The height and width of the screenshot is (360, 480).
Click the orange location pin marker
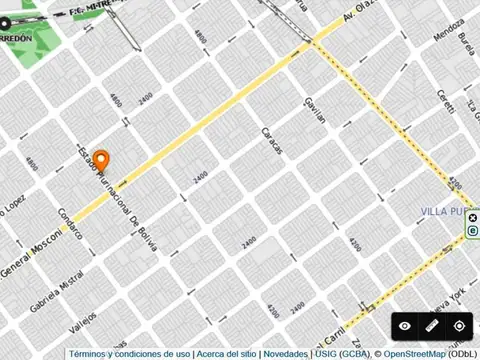pyautogui.click(x=102, y=160)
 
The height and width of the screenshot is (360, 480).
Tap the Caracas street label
pyautogui.click(x=272, y=140)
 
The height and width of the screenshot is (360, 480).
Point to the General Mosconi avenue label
pyautogui.click(x=30, y=257)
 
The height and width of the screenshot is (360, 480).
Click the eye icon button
pyautogui.click(x=405, y=326)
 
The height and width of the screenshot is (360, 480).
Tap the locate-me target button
pyautogui.click(x=459, y=326)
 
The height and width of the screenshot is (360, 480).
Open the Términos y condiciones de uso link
pyautogui.click(x=130, y=354)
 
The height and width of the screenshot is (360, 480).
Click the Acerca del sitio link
pyautogui.click(x=227, y=354)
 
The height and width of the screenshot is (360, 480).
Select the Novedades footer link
pyautogui.click(x=286, y=354)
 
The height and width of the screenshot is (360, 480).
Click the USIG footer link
pyautogui.click(x=327, y=354)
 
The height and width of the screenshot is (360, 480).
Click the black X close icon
pyautogui.click(x=473, y=217)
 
